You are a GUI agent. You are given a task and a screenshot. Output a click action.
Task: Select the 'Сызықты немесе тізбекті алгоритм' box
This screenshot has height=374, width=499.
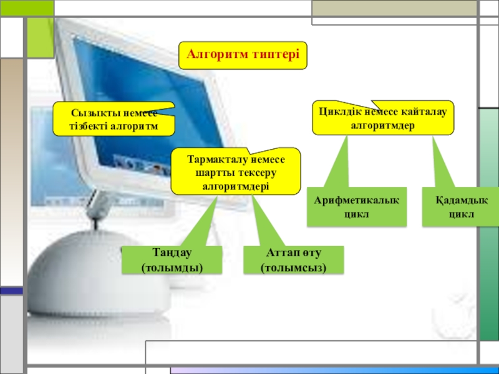113,120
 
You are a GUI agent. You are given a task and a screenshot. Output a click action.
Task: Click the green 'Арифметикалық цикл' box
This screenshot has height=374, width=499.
356,206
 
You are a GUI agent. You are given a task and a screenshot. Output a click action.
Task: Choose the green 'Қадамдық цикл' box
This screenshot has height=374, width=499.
461,206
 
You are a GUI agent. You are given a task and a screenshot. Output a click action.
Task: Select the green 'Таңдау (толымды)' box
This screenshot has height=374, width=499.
172,261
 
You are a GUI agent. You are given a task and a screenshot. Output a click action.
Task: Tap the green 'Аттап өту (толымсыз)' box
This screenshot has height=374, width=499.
293,261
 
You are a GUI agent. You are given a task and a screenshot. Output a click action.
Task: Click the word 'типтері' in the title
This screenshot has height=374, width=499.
275,55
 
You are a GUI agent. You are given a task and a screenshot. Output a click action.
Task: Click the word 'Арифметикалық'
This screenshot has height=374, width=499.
356,200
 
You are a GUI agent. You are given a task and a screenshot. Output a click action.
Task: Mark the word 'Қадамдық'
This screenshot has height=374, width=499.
461,200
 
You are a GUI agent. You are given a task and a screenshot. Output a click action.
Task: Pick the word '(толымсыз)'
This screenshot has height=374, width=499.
293,267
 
